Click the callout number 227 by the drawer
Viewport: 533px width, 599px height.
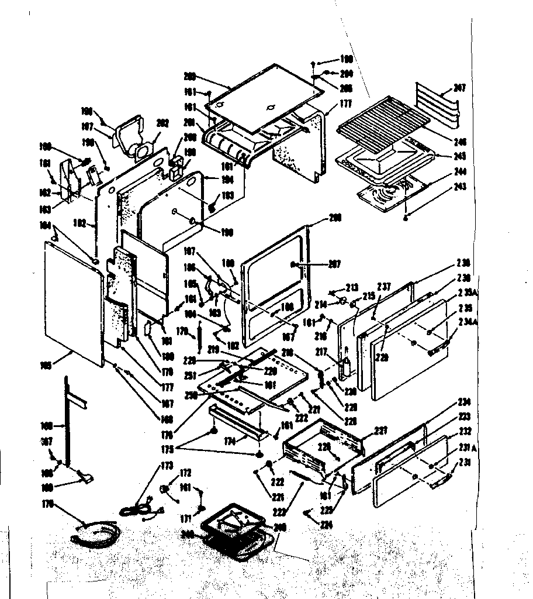(x=381, y=431)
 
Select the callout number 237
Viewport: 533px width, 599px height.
(x=383, y=287)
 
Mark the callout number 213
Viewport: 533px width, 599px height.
(x=352, y=287)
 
